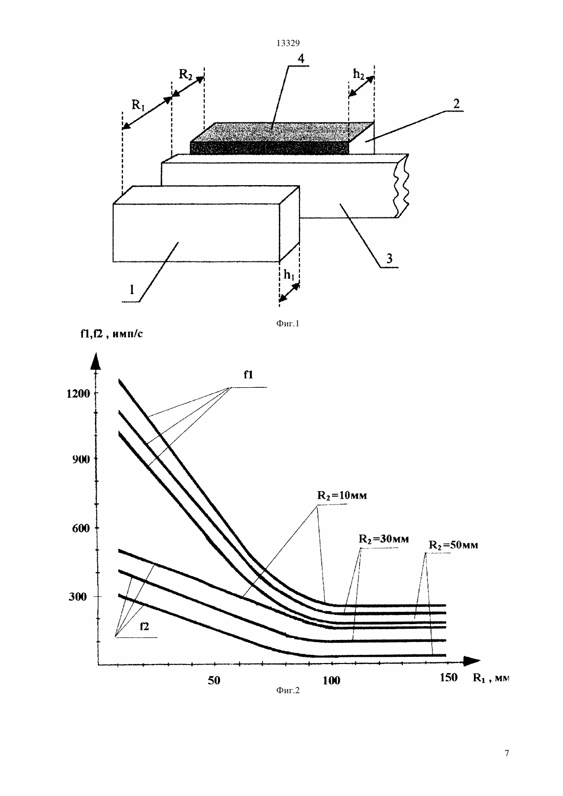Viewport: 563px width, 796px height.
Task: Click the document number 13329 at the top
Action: click(x=288, y=43)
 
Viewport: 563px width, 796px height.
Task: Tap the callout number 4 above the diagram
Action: click(x=301, y=59)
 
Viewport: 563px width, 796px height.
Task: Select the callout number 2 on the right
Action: click(x=456, y=104)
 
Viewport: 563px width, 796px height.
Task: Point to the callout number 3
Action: click(x=389, y=258)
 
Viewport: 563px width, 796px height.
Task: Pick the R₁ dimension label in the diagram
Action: click(x=138, y=105)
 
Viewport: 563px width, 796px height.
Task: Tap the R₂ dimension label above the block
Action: click(x=186, y=74)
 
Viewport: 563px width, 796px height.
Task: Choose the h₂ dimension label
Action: click(x=358, y=74)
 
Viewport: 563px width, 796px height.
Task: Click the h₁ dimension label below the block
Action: click(x=289, y=275)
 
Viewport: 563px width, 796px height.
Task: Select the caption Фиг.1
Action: click(x=288, y=323)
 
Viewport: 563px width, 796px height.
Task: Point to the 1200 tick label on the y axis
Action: click(x=78, y=393)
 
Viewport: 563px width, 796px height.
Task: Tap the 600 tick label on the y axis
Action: click(x=81, y=528)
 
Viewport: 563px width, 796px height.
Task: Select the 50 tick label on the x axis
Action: click(x=214, y=680)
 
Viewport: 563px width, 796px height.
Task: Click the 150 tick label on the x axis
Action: click(x=448, y=677)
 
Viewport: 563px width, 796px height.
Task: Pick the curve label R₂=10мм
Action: click(x=342, y=495)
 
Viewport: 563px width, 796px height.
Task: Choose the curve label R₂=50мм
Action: click(x=453, y=545)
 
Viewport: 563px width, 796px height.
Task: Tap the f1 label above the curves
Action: click(x=248, y=374)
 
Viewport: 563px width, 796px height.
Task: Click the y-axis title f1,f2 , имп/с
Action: click(x=112, y=334)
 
